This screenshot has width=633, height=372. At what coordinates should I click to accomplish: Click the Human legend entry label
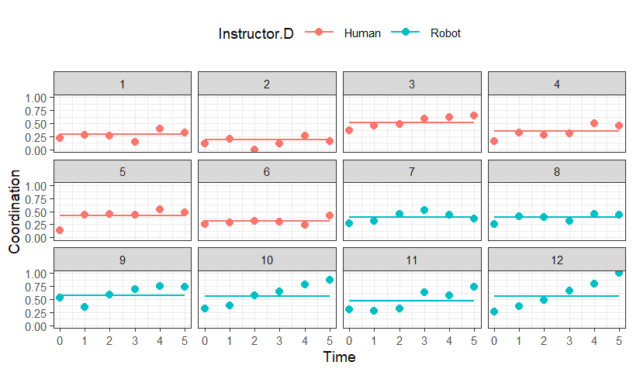(x=362, y=33)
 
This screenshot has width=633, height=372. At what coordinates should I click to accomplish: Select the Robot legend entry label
(x=445, y=33)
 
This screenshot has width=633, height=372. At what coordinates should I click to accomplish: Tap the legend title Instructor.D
(x=256, y=33)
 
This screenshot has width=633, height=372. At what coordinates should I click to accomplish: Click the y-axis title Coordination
(x=14, y=212)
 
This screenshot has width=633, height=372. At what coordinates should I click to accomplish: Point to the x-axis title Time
(x=339, y=357)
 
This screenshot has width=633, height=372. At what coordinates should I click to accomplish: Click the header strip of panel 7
(x=412, y=171)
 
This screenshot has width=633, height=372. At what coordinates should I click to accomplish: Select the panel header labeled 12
(x=557, y=260)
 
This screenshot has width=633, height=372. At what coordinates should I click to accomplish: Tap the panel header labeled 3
(x=412, y=84)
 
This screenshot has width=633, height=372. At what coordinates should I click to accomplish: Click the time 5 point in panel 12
(x=619, y=273)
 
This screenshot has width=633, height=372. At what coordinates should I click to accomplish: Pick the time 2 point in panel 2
(x=254, y=150)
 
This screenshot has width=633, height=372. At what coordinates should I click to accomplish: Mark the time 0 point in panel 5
(x=60, y=230)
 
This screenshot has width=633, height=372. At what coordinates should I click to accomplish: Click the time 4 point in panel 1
(x=160, y=129)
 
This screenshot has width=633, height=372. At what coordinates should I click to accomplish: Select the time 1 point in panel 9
(x=85, y=307)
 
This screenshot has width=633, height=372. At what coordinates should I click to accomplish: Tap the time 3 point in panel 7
(x=424, y=210)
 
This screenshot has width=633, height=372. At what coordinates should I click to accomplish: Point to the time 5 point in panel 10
(x=330, y=280)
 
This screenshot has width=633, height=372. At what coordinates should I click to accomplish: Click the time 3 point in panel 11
(x=424, y=292)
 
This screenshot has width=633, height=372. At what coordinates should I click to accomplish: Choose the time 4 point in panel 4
(x=594, y=123)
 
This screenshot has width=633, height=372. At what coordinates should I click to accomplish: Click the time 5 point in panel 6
(x=330, y=215)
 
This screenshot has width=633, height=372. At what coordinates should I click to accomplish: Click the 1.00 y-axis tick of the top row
(x=36, y=98)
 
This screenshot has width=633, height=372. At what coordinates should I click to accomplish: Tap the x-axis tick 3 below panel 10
(x=279, y=341)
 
